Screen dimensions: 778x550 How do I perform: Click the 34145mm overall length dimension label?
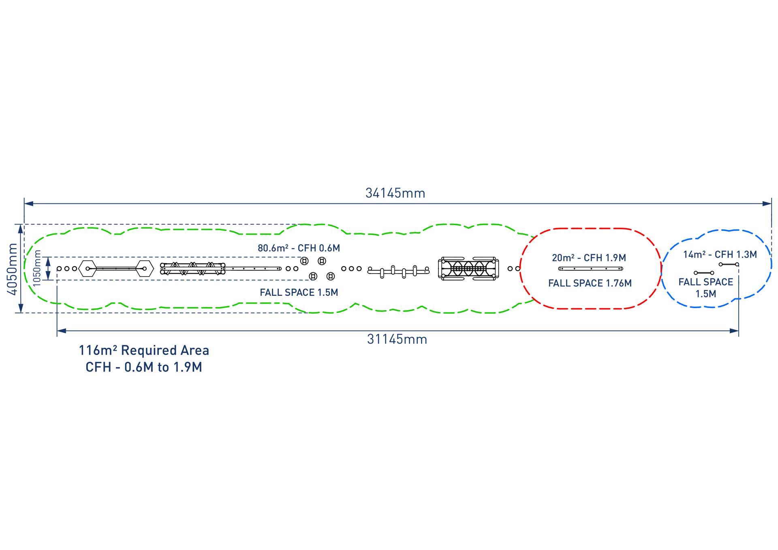point(395,193)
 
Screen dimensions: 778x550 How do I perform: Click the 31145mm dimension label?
point(397,339)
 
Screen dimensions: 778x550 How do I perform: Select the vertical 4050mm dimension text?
point(13,269)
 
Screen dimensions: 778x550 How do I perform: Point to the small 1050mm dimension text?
point(38,268)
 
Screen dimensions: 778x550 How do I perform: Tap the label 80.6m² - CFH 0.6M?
point(299,248)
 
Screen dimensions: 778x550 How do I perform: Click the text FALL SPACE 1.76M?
point(590,283)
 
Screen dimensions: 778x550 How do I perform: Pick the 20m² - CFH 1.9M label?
point(589,258)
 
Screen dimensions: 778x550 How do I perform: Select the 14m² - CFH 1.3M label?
point(720,255)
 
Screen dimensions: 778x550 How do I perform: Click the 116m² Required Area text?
point(144,350)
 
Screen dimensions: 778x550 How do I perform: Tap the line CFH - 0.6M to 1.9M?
point(144,367)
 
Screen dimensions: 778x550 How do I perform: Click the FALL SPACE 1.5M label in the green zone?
point(299,292)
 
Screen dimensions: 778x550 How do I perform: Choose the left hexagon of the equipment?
point(88,268)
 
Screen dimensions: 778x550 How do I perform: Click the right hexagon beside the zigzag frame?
point(144,268)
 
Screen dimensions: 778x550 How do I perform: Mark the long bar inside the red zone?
point(590,269)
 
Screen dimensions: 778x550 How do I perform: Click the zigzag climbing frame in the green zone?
point(193,268)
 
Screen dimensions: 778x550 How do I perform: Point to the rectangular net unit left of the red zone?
point(468,268)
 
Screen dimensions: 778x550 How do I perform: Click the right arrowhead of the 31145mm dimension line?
point(734,331)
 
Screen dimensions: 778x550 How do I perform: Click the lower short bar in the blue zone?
point(704,273)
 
